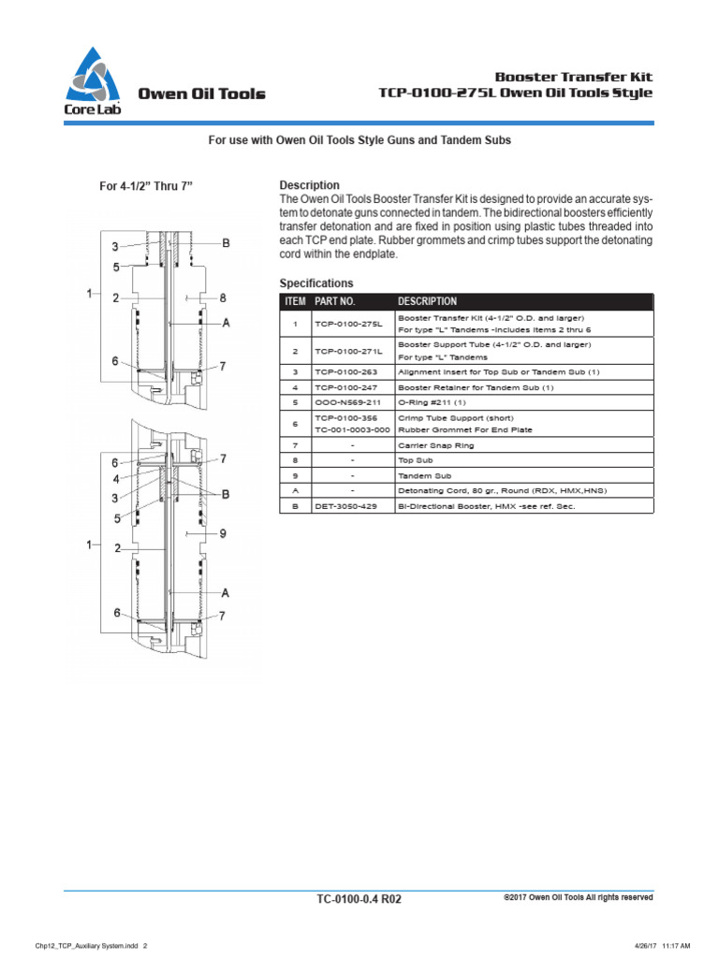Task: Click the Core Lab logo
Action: (93, 81)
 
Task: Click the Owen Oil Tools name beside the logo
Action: (201, 94)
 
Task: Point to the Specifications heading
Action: (316, 283)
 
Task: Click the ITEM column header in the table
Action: (295, 301)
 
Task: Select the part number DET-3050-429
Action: (346, 506)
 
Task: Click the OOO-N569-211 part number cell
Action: (346, 401)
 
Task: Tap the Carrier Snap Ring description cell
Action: (436, 446)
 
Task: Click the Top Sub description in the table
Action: (416, 461)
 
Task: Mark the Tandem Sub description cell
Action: (423, 476)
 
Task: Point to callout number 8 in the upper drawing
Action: (223, 298)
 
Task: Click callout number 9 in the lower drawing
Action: (223, 534)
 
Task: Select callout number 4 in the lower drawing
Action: (115, 479)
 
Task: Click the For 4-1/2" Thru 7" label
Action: (146, 185)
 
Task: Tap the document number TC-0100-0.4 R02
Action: (359, 899)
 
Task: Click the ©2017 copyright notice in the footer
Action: (578, 897)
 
